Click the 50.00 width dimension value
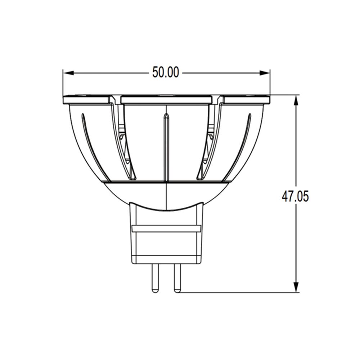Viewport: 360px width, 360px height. pyautogui.click(x=166, y=72)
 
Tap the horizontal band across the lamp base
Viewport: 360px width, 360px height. pyautogui.click(x=166, y=229)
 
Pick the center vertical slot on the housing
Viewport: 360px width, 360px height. pyautogui.click(x=166, y=148)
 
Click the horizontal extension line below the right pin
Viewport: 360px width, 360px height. pyautogui.click(x=238, y=292)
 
